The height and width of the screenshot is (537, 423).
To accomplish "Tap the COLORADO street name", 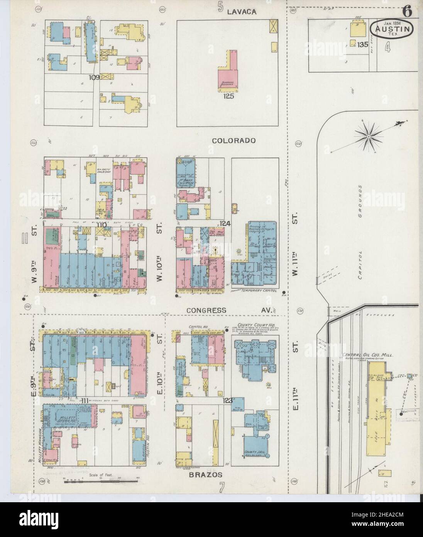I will tap(234, 141).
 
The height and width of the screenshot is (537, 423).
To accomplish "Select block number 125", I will tap(229, 96).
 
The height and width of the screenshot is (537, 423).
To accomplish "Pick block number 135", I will tap(362, 45).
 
